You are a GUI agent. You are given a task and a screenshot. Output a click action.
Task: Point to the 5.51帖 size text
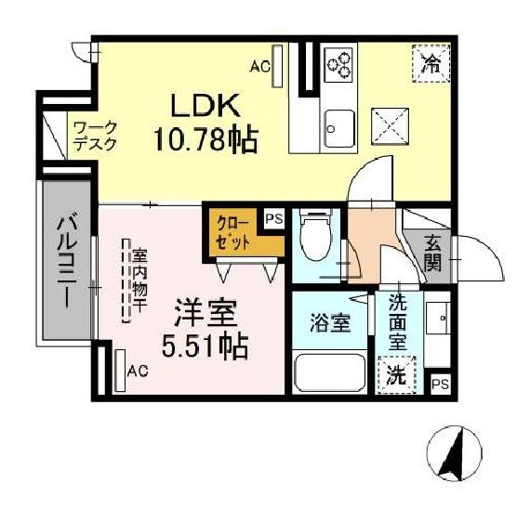click(x=205, y=347)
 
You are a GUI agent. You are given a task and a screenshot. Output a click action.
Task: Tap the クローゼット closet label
click(x=232, y=231)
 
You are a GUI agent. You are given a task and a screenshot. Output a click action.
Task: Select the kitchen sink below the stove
click(x=338, y=124)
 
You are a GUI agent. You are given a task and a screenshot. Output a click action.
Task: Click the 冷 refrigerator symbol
click(x=431, y=63)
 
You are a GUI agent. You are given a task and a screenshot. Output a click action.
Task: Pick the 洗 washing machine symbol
click(x=396, y=376)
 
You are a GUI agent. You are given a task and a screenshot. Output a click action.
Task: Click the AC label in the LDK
click(x=260, y=66)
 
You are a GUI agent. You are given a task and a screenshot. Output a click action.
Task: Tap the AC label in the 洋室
click(x=138, y=372)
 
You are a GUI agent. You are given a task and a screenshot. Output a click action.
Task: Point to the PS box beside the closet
click(x=273, y=219)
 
